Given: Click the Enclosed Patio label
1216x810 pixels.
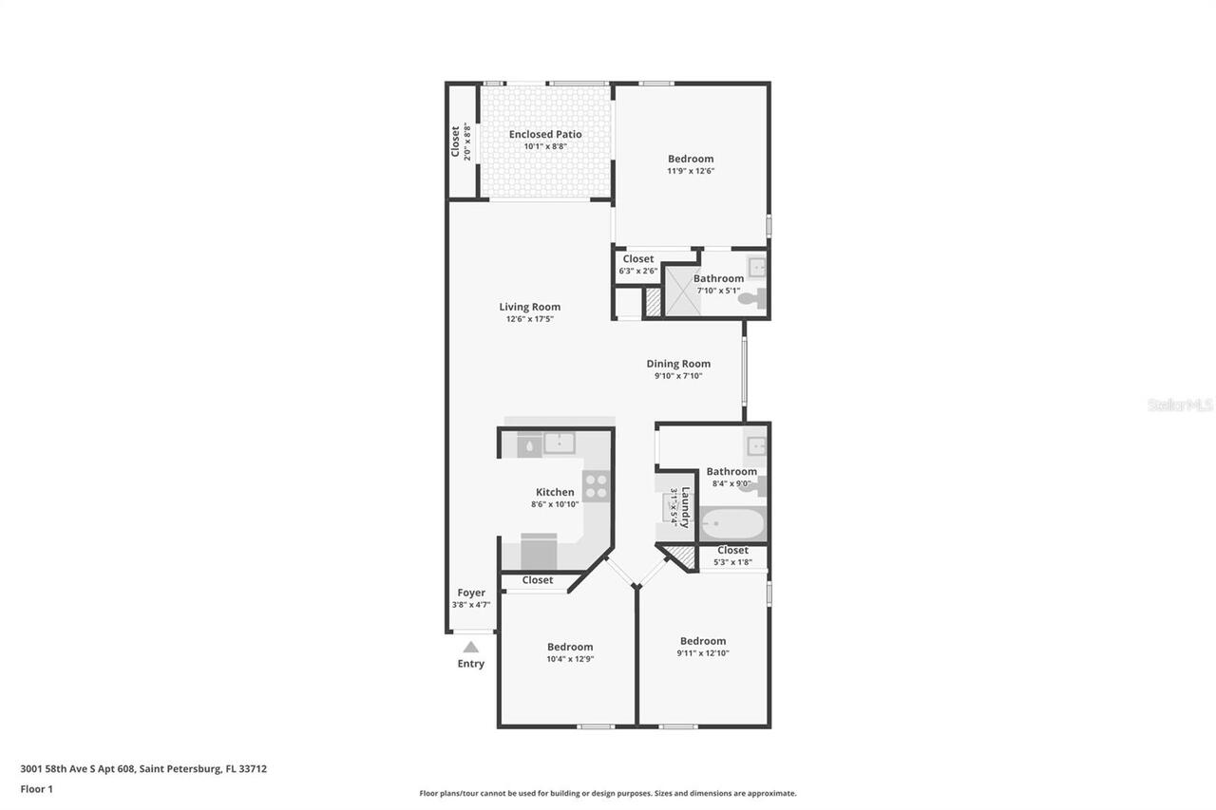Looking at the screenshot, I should [544, 134].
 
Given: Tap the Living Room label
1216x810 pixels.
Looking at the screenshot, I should [529, 307].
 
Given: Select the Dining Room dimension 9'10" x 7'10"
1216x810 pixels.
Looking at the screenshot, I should [678, 376].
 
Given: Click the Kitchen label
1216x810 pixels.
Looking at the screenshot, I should [555, 492].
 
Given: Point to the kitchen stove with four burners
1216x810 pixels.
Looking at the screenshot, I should [596, 486].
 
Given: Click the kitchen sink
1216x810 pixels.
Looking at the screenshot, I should [559, 443].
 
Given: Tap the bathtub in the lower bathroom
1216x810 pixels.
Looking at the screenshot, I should [731, 523].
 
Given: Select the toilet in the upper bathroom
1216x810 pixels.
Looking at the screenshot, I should [750, 298].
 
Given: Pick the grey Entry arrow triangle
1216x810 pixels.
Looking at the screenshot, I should [471, 647].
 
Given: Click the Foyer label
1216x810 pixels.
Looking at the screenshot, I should [471, 593].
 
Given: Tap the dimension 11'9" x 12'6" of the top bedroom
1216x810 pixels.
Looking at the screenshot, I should [691, 171].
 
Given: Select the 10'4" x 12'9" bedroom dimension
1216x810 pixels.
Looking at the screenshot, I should [570, 659].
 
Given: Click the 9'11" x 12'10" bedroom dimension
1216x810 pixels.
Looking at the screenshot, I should [703, 653].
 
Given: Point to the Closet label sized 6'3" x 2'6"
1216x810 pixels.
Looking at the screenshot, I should [637, 258].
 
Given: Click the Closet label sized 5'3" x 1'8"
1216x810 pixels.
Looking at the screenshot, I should [732, 550].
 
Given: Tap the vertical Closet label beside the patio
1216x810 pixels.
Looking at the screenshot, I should [455, 141].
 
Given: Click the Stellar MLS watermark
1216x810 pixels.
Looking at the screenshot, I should [1179, 405].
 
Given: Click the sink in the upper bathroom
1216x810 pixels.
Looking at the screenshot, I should [756, 266].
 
